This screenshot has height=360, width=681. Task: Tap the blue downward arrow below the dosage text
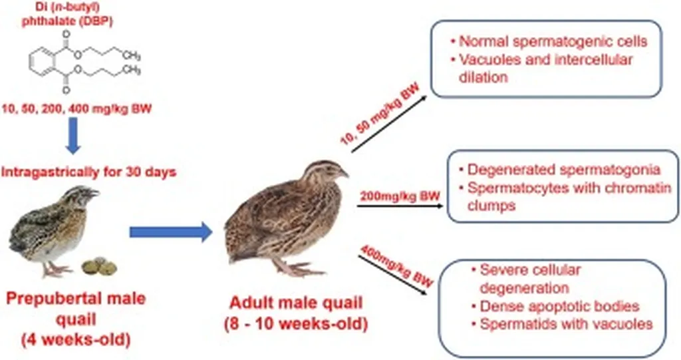(72, 136)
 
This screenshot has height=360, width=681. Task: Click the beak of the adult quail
(344, 174)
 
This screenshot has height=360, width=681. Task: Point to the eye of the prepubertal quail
(87, 192)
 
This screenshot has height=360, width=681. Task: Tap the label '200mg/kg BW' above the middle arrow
(400, 196)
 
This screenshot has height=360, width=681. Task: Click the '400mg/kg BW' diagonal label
(396, 266)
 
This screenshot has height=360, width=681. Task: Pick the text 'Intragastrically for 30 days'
(89, 172)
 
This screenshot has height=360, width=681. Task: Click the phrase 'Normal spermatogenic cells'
(553, 41)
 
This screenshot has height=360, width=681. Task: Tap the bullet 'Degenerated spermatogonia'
(564, 169)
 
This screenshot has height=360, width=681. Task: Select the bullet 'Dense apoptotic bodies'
(559, 306)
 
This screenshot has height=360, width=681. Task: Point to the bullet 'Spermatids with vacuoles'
(567, 324)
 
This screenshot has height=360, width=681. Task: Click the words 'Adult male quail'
(296, 303)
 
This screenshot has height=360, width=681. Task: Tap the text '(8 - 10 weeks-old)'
(296, 323)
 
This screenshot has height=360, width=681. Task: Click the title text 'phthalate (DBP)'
(68, 21)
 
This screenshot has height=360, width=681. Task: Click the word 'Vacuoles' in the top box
(489, 59)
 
